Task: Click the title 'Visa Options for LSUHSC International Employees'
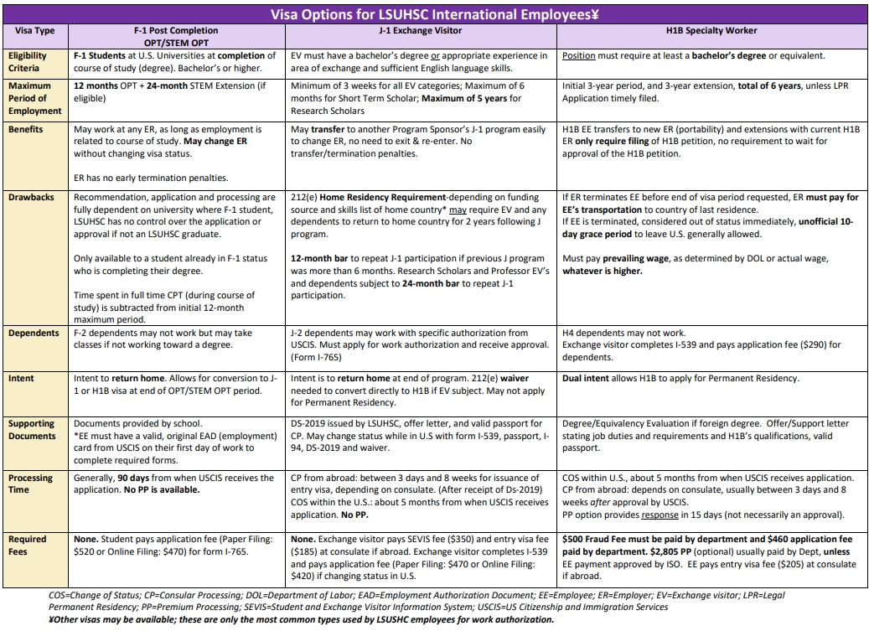pyautogui.click(x=434, y=15)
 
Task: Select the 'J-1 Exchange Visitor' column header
pyautogui.click(x=421, y=31)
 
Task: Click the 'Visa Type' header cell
pyautogui.click(x=34, y=31)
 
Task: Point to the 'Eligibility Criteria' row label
pyautogui.click(x=29, y=62)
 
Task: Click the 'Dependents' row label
pyautogui.click(x=34, y=334)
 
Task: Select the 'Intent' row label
pyautogui.click(x=22, y=379)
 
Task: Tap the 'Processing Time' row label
pyautogui.click(x=30, y=484)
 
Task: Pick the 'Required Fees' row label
pyautogui.click(x=28, y=546)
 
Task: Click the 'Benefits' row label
pyautogui.click(x=26, y=130)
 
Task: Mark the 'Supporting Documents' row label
pyautogui.click(x=32, y=430)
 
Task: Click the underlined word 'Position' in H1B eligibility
pyautogui.click(x=579, y=56)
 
